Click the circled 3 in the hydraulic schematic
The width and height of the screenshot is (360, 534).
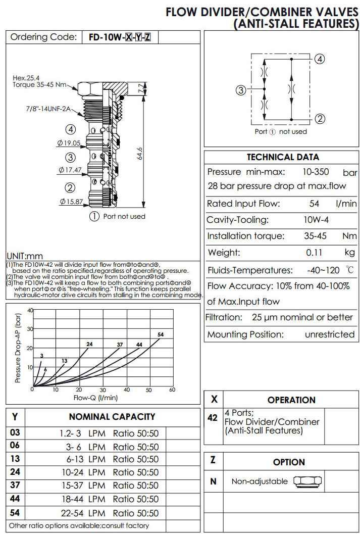tap(241, 90)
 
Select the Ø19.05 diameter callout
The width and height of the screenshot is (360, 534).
tap(70, 143)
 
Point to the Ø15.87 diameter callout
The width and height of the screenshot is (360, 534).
tap(70, 202)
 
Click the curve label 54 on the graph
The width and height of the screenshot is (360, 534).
tap(161, 335)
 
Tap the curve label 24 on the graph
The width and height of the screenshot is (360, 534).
tap(89, 344)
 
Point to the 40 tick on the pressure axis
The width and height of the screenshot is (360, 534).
tap(30, 310)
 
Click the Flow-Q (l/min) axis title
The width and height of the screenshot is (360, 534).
tap(96, 398)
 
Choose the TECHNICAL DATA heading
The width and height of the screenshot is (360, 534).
tap(283, 157)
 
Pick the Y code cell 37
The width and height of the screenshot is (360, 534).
tap(15, 486)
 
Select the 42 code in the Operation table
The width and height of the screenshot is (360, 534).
tap(213, 418)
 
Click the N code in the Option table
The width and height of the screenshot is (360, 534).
tap(213, 481)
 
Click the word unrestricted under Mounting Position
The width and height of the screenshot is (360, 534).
tap(330, 334)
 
